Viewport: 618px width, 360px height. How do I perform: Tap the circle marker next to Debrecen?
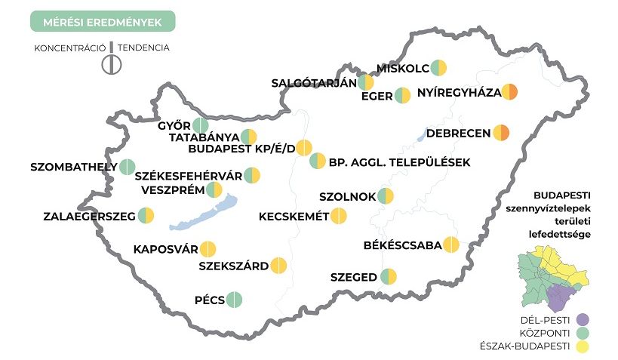pos(502,134)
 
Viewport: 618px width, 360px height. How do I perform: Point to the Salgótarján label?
pos(313,84)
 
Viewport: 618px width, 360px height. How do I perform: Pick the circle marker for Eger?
pos(403,96)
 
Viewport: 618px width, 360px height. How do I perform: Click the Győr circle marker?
pos(201,126)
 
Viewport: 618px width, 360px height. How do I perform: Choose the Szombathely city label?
pos(73,166)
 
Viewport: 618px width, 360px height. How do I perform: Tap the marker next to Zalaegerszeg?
pos(146,217)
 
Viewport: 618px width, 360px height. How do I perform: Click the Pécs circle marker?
pos(235,300)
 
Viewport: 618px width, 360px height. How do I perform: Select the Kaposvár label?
pos(165,249)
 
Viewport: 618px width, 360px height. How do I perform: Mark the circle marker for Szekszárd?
pos(278,266)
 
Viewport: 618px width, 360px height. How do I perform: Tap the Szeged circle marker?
pos(389,277)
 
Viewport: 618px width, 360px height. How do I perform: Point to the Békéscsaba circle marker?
pos(451,245)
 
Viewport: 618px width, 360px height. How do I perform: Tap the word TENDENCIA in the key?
pos(143,48)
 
